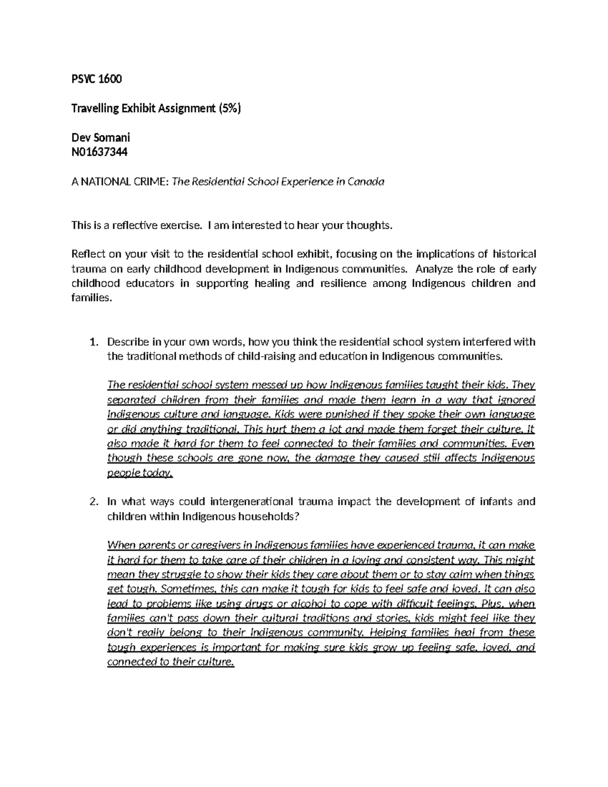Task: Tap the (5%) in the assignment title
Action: point(230,108)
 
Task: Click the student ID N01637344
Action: point(99,152)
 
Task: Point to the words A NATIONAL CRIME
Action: point(120,181)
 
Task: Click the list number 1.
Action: point(92,342)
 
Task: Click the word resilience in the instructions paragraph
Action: point(342,284)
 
